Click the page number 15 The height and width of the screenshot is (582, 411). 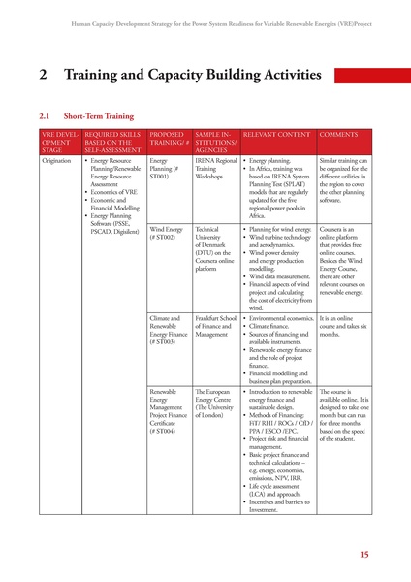point(364,555)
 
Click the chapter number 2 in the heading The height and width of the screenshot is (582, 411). point(44,75)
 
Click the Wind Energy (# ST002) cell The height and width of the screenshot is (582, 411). point(166,233)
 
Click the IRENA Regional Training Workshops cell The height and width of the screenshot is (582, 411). point(215,169)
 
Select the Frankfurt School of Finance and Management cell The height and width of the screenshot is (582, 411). point(215,327)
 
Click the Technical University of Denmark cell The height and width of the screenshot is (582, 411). point(215,249)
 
